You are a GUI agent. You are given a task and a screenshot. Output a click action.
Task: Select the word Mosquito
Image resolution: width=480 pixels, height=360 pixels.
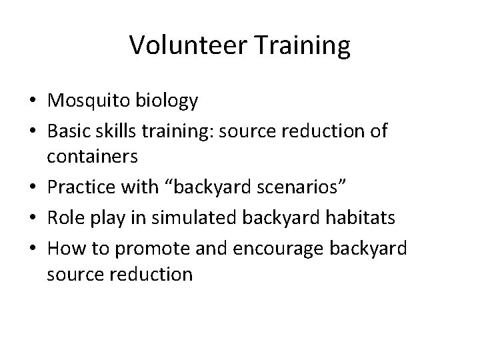[90, 101]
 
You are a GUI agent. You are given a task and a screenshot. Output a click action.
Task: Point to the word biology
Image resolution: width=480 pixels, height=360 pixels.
[167, 101]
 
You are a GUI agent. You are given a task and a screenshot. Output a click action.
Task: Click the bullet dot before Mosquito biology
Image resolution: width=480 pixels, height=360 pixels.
[33, 101]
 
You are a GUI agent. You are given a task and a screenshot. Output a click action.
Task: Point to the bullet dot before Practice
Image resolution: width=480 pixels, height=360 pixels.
[33, 189]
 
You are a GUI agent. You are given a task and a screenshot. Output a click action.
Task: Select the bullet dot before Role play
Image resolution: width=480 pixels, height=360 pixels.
[33, 218]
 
